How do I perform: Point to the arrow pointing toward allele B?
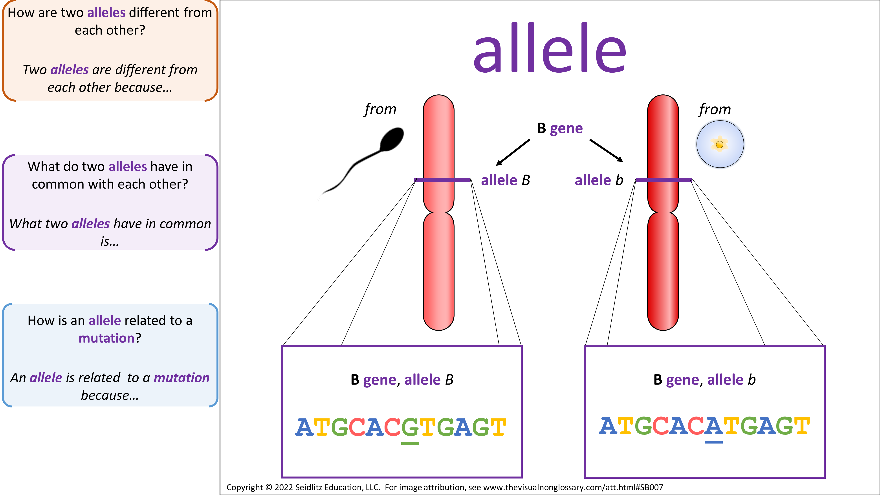point(513,152)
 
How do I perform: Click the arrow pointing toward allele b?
point(606,150)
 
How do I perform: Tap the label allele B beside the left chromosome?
point(506,180)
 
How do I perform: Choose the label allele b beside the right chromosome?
point(599,180)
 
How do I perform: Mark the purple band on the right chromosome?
point(664,180)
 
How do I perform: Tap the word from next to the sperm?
point(380,109)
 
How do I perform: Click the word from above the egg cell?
point(715,109)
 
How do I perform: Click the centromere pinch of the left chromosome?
point(439,212)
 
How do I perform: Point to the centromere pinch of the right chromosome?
point(663,212)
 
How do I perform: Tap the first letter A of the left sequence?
point(304,427)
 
